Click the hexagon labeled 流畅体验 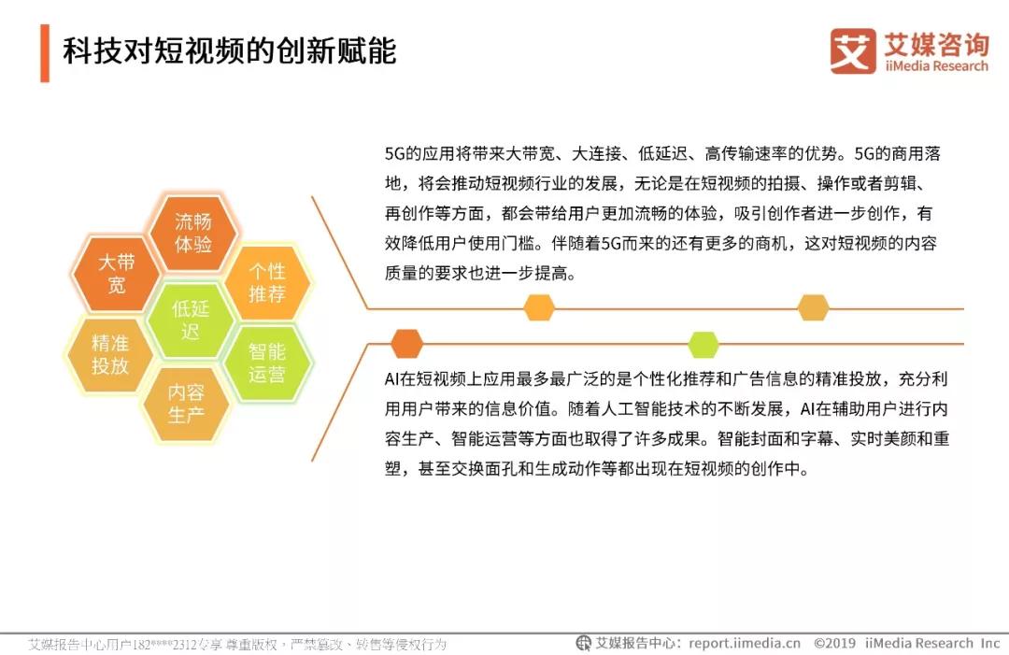[x=193, y=233]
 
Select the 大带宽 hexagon [x=117, y=274]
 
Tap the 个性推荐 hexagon [x=267, y=282]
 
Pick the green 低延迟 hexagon [x=191, y=320]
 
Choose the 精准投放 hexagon [x=110, y=354]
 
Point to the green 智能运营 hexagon [x=267, y=363]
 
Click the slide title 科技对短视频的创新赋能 [x=229, y=51]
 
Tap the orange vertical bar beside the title [x=45, y=52]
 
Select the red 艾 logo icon [x=853, y=50]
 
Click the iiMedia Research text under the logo [x=936, y=66]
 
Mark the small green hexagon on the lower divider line [x=703, y=344]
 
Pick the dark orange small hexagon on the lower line [x=406, y=344]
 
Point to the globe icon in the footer [x=583, y=643]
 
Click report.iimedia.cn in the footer [x=745, y=643]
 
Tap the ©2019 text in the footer [x=834, y=643]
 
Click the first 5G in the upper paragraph [x=394, y=154]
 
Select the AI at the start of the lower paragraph [x=391, y=379]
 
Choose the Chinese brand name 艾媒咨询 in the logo [x=936, y=44]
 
